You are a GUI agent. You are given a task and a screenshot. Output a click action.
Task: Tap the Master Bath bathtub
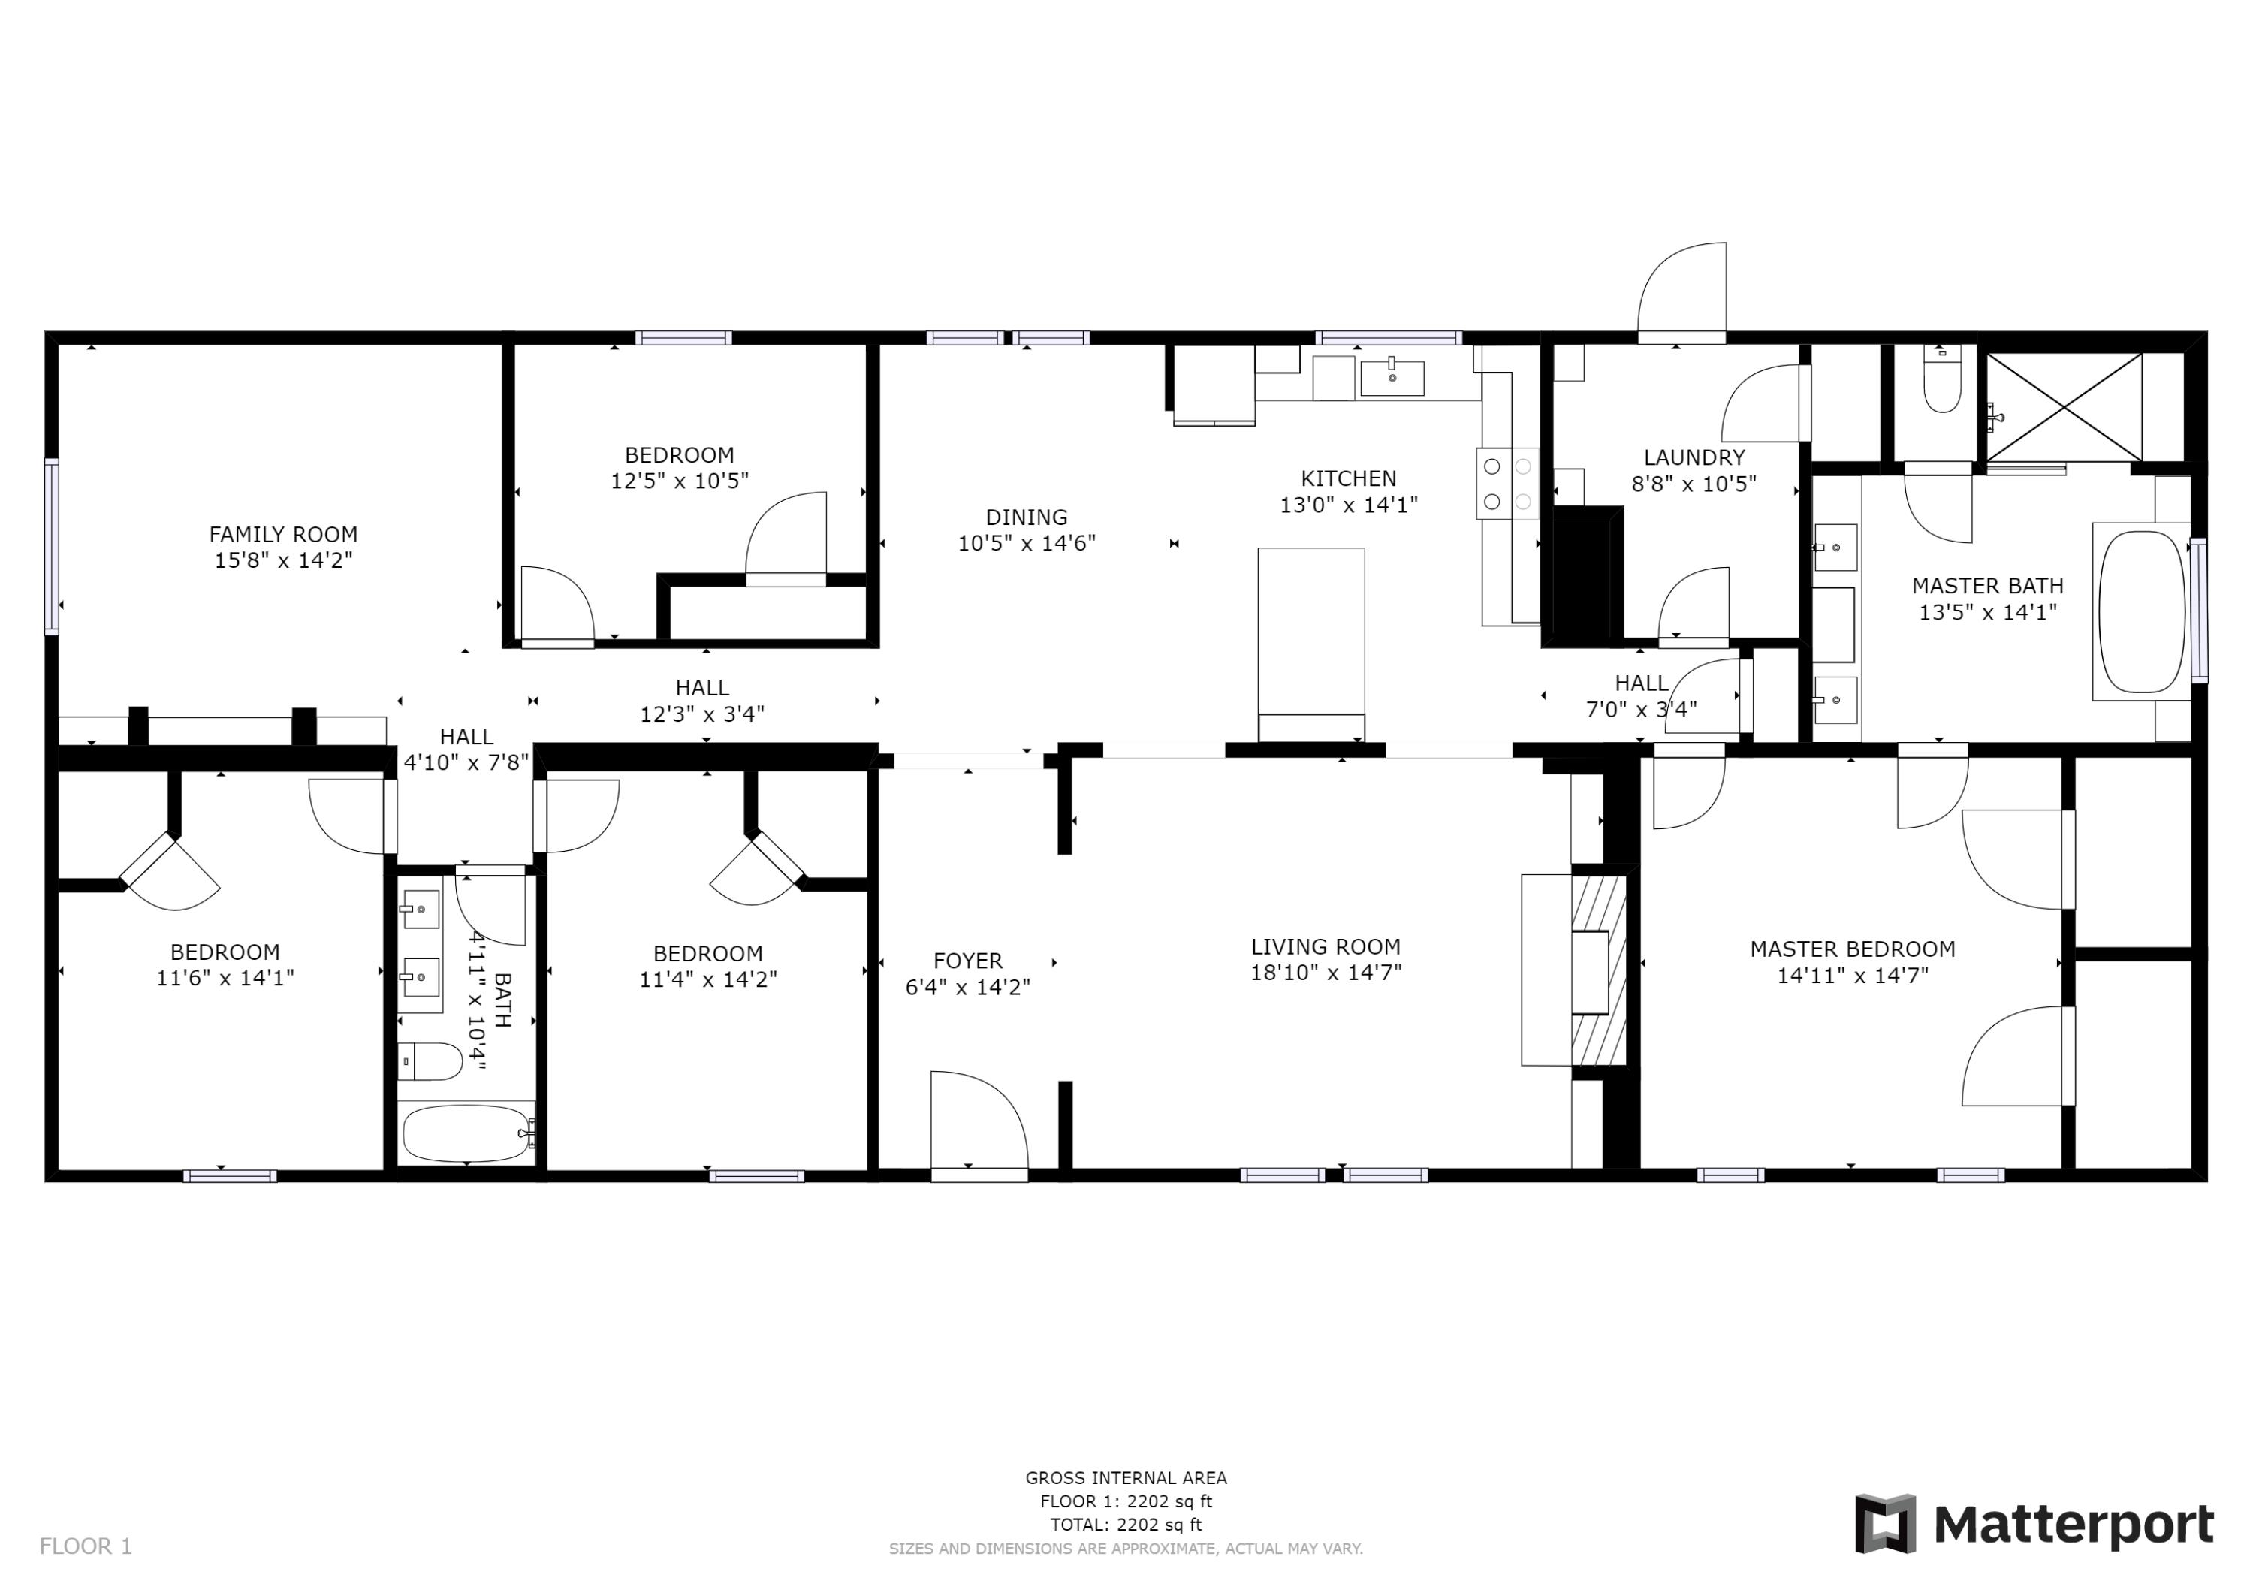[x=2141, y=611]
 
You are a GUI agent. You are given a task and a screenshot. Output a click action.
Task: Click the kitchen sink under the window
[x=1392, y=378]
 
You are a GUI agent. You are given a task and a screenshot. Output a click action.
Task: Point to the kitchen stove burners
[x=1507, y=484]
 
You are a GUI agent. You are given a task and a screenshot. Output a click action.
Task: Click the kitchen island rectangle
[x=1311, y=633]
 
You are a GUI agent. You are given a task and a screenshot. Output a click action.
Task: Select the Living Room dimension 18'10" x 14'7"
[x=1326, y=973]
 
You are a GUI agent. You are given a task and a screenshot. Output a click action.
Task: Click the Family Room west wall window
[x=52, y=546]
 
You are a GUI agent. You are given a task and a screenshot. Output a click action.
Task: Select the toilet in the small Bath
[x=432, y=1061]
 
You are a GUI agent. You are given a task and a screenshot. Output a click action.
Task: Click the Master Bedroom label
[x=1852, y=949]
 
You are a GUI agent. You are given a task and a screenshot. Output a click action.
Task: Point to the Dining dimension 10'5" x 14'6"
[x=1027, y=543]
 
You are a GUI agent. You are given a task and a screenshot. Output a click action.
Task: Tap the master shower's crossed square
[x=2064, y=407]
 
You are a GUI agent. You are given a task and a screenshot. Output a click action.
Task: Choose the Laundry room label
[x=1694, y=457]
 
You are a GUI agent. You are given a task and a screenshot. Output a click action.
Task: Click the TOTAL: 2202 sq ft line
[x=1126, y=1525]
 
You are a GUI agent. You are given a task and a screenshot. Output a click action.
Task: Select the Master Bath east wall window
[x=2199, y=611]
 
